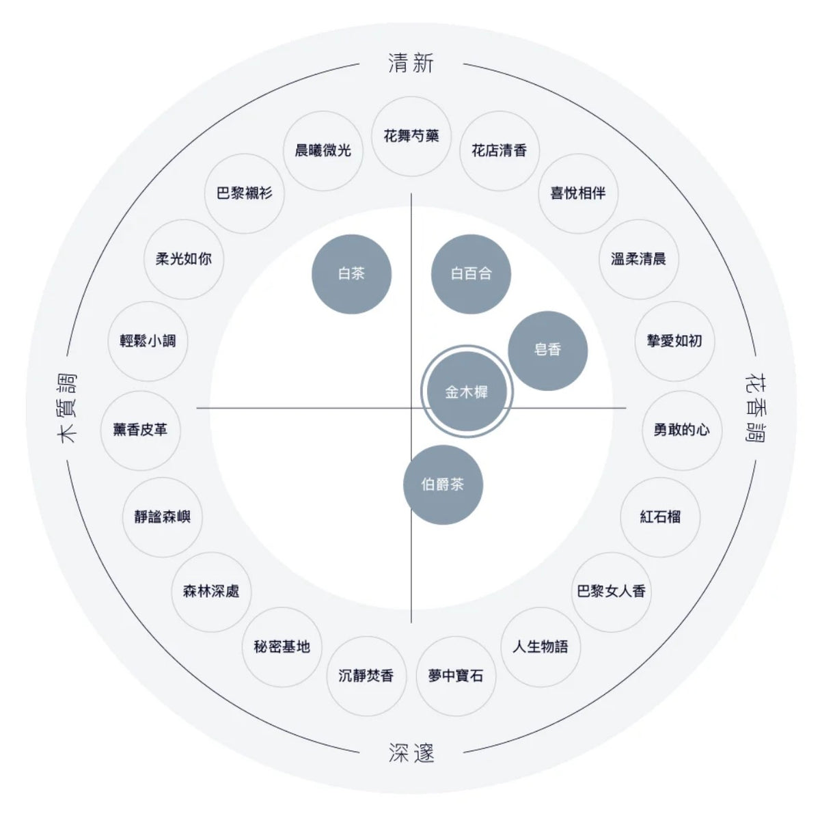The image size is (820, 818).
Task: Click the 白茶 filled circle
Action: [x=351, y=273]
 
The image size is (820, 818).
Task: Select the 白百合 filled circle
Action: [x=471, y=273]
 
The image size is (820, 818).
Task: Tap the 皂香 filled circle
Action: [x=547, y=351]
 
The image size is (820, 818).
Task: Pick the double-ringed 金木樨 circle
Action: [x=467, y=391]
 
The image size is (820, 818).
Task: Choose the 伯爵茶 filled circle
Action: [x=443, y=485]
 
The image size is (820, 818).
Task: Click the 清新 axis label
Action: [x=411, y=63]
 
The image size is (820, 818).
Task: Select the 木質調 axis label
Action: [x=67, y=408]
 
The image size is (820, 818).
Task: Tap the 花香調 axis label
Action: [x=756, y=408]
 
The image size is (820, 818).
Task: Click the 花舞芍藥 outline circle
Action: [x=411, y=136]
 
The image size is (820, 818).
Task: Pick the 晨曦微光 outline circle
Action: [x=323, y=150]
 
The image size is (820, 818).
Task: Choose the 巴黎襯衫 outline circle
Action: [x=244, y=193]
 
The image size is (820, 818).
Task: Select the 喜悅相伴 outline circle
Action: [x=578, y=193]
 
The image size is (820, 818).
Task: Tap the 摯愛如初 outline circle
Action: [x=674, y=341]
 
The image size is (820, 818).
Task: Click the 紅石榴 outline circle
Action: [x=660, y=517]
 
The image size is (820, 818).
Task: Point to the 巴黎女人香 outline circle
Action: [x=611, y=592]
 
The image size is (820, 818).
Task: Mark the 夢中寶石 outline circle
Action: [x=456, y=676]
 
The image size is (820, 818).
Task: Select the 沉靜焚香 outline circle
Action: [x=366, y=676]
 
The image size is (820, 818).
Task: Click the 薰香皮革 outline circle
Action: [x=141, y=430]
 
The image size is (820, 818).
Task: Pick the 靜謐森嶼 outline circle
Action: [x=163, y=517]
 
